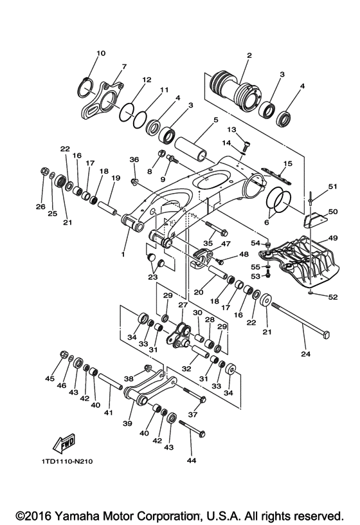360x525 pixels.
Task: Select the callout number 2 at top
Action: [249, 56]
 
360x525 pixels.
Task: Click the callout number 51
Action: [332, 187]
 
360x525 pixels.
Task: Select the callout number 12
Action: [147, 80]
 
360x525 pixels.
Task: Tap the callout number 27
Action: [182, 305]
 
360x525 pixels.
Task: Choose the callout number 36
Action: [134, 160]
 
